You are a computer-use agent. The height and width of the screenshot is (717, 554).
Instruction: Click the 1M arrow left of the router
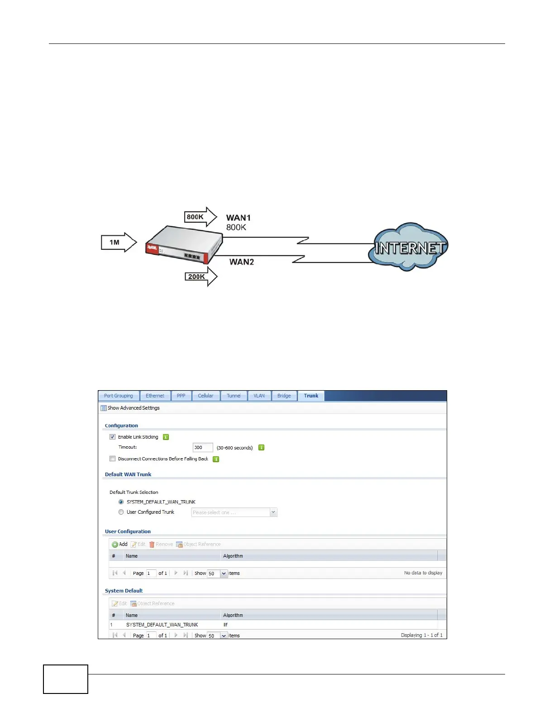[x=118, y=243]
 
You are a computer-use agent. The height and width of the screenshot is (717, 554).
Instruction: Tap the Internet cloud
[x=409, y=247]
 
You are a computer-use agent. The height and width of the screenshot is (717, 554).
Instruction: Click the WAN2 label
[x=241, y=262]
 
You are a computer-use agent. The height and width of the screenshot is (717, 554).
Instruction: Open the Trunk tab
[x=311, y=396]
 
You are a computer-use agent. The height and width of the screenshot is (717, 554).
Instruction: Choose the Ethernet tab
[x=155, y=396]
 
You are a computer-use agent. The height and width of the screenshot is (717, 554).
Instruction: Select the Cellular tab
[x=205, y=396]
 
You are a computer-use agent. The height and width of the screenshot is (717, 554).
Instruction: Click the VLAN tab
[x=259, y=396]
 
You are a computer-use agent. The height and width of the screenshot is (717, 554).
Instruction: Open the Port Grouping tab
[x=119, y=396]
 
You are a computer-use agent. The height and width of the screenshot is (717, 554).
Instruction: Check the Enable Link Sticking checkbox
[x=113, y=437]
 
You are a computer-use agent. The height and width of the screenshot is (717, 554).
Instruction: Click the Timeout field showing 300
[x=202, y=448]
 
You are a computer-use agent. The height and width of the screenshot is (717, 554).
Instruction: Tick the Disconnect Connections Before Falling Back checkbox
[x=113, y=459]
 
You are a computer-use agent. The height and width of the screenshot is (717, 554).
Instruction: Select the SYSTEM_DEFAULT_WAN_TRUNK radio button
[x=121, y=502]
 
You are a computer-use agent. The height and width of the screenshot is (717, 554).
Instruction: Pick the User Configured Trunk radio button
[x=121, y=512]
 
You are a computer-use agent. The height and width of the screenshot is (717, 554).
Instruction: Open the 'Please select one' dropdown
[x=234, y=512]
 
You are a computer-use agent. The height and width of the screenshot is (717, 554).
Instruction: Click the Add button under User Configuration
[x=119, y=544]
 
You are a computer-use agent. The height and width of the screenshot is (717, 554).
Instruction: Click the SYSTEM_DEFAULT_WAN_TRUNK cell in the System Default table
[x=162, y=625]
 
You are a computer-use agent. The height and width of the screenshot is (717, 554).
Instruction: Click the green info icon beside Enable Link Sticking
[x=166, y=437]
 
